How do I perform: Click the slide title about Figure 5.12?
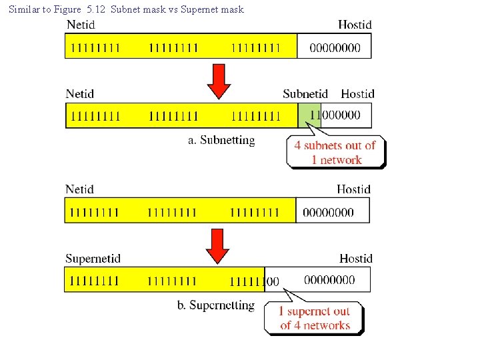pos(126,9)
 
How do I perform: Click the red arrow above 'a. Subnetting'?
pos(218,81)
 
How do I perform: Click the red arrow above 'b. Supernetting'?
pos(217,245)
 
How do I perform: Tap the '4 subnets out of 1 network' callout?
pos(336,153)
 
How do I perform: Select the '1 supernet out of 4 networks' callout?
pos(315,318)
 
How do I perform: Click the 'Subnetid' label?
pos(305,94)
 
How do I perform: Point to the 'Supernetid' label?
pos(93,259)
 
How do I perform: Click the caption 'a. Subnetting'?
pos(221,141)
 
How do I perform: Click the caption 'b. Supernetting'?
pos(216,305)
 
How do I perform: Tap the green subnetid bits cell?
pos(309,115)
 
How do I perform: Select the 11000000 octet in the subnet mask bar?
pos(335,115)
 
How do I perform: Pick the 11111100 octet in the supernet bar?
pos(254,281)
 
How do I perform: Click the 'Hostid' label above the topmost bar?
pos(355,25)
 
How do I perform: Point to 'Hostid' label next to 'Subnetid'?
pos(358,94)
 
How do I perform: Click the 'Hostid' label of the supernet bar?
pos(356,259)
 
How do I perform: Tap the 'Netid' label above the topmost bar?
pos(80,25)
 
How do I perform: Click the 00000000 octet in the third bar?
pos(328,212)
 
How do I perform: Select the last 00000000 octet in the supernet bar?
pos(329,280)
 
